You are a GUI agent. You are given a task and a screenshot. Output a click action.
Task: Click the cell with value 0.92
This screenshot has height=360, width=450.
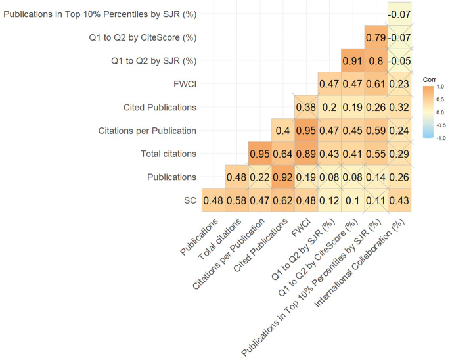click(283, 177)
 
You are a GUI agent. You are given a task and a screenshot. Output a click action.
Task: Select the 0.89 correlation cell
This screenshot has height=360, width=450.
click(307, 154)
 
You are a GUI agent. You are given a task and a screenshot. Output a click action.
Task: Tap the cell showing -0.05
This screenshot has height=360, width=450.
click(399, 61)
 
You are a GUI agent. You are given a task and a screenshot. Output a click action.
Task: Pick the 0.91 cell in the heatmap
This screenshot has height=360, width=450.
click(353, 61)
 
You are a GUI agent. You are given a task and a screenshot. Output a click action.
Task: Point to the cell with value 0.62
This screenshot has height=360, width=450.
click(283, 200)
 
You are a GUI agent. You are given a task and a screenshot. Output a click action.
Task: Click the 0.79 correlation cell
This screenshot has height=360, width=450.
click(376, 37)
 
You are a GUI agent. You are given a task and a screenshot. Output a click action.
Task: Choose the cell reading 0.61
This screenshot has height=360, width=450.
click(376, 84)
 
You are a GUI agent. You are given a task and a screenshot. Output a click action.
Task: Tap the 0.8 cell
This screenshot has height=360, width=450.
click(376, 61)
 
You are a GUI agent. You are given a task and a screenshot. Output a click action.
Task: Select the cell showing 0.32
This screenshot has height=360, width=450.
click(399, 107)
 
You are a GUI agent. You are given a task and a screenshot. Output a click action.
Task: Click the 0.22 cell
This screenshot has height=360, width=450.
click(260, 177)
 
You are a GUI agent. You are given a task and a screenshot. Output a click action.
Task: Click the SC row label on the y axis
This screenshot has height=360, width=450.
click(189, 200)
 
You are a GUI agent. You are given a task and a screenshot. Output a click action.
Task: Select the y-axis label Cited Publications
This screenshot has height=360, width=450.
click(160, 107)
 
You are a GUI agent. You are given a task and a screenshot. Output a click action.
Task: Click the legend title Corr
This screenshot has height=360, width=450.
click(430, 78)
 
